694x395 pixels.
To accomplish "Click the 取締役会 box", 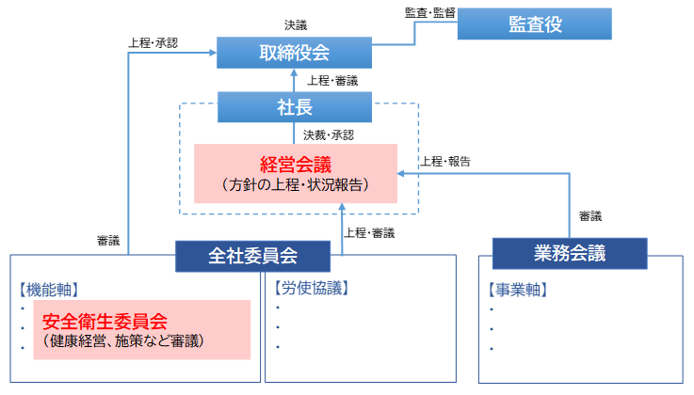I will click(x=294, y=53).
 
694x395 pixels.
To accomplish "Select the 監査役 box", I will click(x=534, y=24).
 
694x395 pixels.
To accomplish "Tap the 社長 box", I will click(x=294, y=108).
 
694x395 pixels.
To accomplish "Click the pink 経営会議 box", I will click(x=296, y=173).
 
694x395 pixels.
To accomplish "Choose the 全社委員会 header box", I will click(x=253, y=255).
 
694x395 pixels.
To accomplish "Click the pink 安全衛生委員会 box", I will click(x=142, y=330).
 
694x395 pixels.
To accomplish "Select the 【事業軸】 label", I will click(x=519, y=289).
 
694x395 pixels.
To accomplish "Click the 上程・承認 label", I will click(x=150, y=42).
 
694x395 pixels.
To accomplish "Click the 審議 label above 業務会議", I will click(x=589, y=216).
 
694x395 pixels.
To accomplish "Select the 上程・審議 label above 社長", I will click(x=331, y=81).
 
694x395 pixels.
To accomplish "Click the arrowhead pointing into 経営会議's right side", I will click(x=402, y=173).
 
